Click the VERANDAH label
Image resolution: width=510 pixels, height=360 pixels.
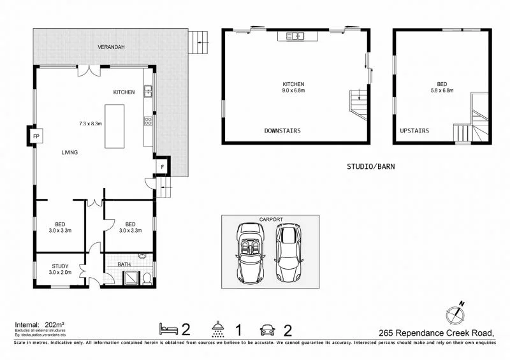pyautogui.click(x=111, y=48)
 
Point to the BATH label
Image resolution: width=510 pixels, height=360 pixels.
pyautogui.click(x=124, y=264)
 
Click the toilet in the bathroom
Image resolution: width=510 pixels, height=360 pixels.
pyautogui.click(x=147, y=278)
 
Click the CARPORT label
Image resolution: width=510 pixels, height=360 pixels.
pyautogui.click(x=270, y=220)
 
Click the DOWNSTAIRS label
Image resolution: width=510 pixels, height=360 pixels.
pyautogui.click(x=282, y=131)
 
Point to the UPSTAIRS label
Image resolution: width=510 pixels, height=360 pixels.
pyautogui.click(x=414, y=131)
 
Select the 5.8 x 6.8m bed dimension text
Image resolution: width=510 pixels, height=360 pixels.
pyautogui.click(x=442, y=90)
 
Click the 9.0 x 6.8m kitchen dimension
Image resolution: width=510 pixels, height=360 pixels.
pyautogui.click(x=294, y=90)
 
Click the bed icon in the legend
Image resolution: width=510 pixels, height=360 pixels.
pyautogui.click(x=168, y=329)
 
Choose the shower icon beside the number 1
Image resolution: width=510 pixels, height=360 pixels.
pyautogui.click(x=219, y=329)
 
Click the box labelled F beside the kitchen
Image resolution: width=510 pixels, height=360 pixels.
pyautogui.click(x=162, y=167)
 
